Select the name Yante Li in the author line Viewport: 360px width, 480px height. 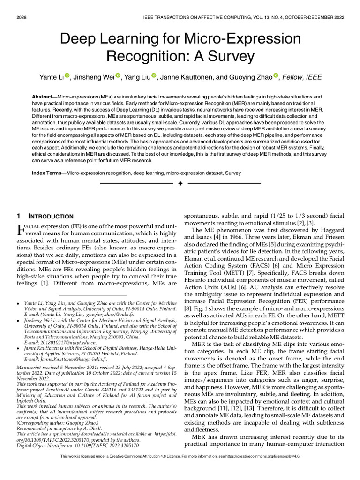(x=51, y=76)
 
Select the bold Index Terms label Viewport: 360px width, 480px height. (x=48, y=173)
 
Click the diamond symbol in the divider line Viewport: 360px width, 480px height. (x=180, y=183)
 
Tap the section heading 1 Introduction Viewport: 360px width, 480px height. (x=45, y=217)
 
